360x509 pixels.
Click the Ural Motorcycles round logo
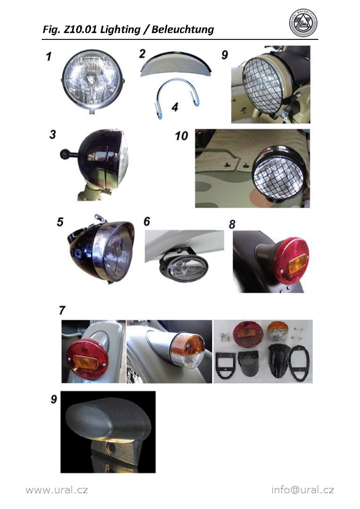tap(304, 24)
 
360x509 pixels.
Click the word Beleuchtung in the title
tap(183, 30)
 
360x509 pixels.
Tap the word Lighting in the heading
tap(120, 30)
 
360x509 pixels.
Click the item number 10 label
tap(181, 136)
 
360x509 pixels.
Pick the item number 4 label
tap(174, 107)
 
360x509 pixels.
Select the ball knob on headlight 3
tap(65, 154)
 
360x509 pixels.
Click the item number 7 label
tap(62, 310)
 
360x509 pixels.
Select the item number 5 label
tap(60, 222)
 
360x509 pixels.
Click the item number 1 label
tap(48, 56)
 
